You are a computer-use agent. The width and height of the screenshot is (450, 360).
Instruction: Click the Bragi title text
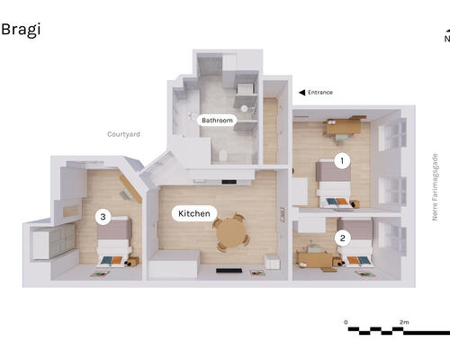pos(21,30)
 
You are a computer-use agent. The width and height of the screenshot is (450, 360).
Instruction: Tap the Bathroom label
pos(217,121)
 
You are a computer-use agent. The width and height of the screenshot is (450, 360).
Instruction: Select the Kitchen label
pos(194,213)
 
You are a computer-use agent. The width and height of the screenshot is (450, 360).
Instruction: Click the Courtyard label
pos(123,134)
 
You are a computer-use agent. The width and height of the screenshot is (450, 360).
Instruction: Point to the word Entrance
pos(320,93)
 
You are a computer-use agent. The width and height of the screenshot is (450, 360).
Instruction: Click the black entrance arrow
pos(301,93)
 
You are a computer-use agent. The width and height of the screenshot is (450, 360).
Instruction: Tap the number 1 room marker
pos(342,161)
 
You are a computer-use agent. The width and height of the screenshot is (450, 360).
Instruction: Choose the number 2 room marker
pos(342,238)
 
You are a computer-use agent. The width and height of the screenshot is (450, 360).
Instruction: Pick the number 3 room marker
pos(103,217)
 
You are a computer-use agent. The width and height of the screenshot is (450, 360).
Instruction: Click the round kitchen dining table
pos(231,233)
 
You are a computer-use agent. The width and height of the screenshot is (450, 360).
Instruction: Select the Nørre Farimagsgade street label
pos(435,187)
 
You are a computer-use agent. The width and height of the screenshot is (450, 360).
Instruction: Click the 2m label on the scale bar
pos(404,322)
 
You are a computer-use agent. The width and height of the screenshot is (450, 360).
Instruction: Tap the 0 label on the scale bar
pos(346,322)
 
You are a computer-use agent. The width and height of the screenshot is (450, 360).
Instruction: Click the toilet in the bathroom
pos(223,156)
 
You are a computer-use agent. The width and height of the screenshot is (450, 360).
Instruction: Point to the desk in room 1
pos(344,127)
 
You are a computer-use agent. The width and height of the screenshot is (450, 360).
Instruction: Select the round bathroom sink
pos(245,108)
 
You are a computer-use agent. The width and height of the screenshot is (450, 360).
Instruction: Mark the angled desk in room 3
pos(130,189)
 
